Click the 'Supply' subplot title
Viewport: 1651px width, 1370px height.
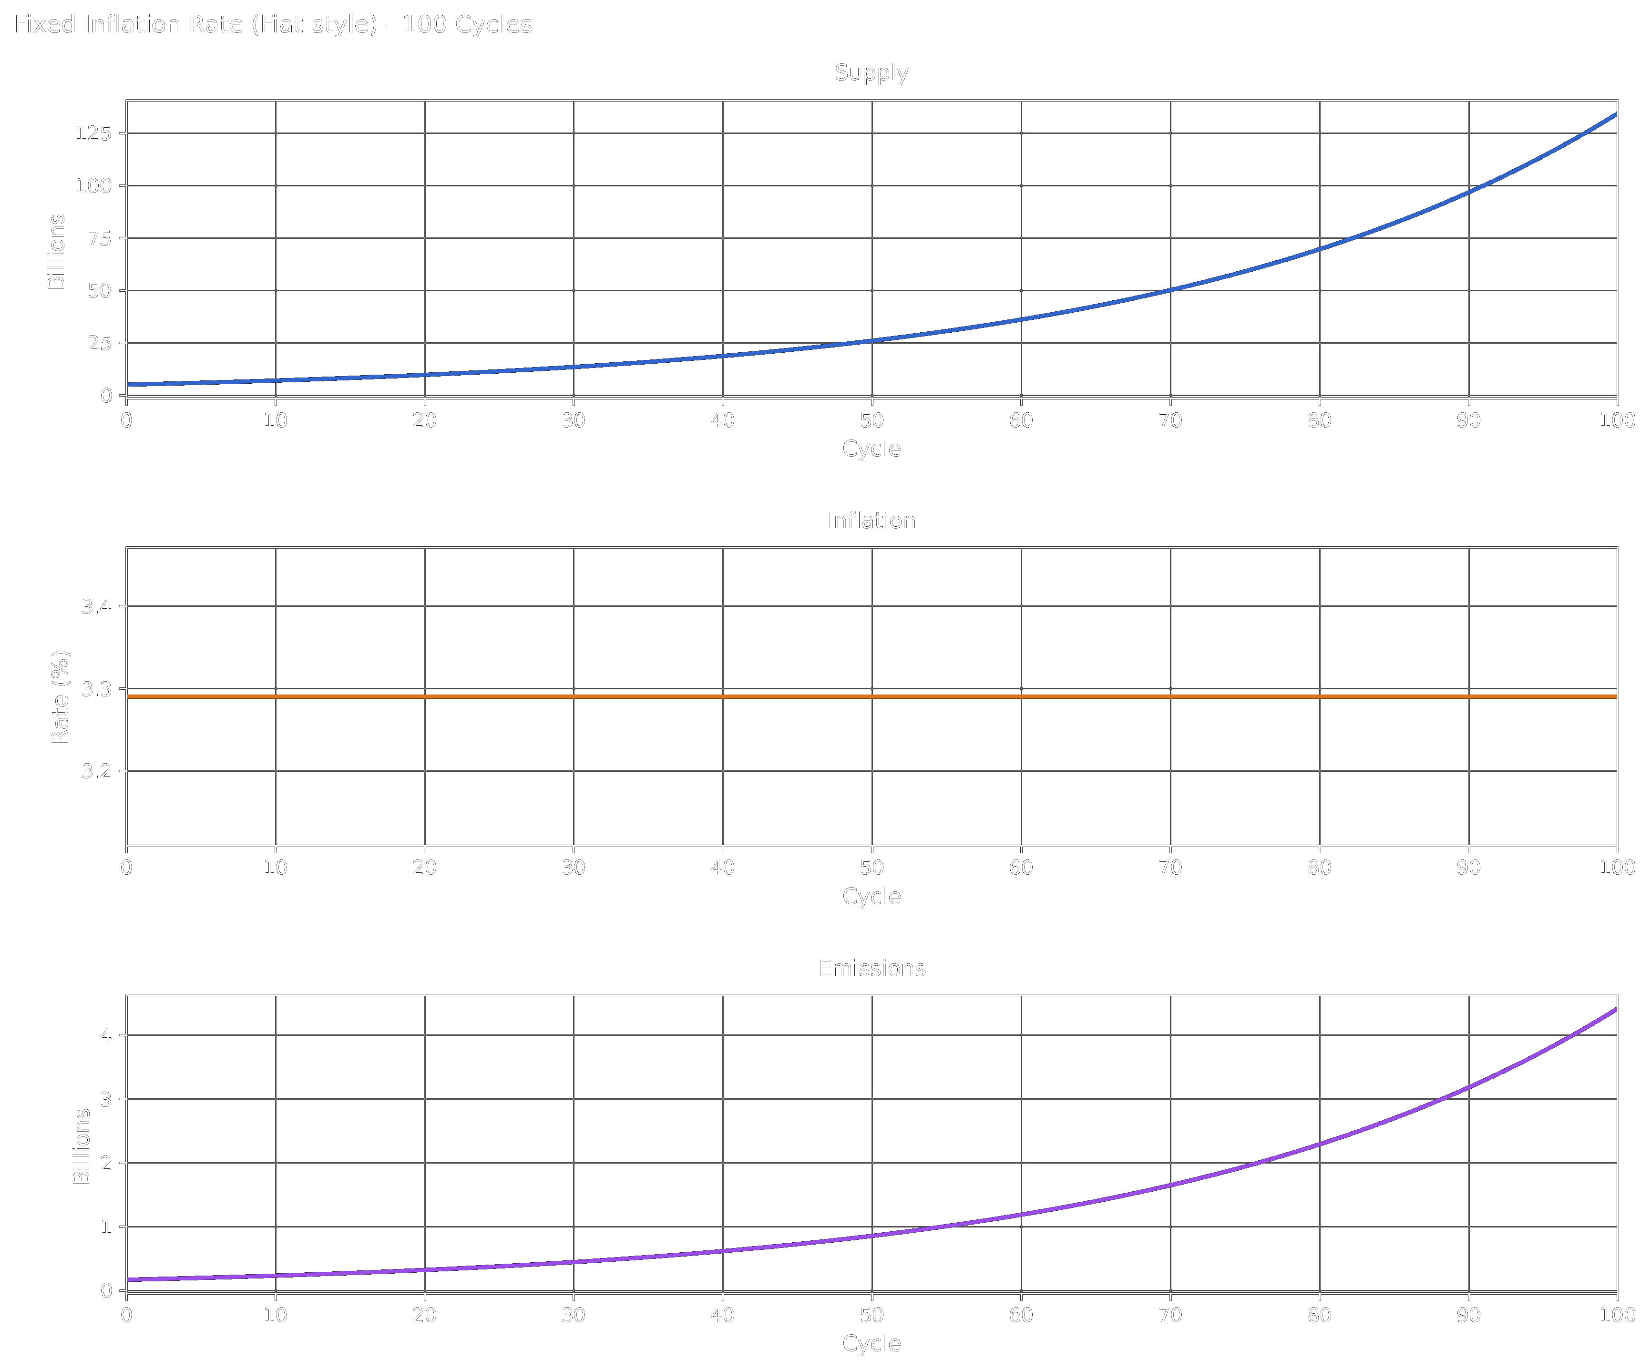coord(871,73)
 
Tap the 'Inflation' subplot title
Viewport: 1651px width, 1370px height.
coord(871,521)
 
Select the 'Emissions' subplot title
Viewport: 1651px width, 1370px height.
coord(871,968)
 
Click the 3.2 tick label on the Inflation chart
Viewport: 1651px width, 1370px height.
coord(97,771)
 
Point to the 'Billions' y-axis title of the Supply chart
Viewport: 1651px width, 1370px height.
coord(57,252)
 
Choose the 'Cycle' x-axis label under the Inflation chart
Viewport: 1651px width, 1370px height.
coord(871,896)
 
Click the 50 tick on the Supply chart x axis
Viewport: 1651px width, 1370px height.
coord(871,420)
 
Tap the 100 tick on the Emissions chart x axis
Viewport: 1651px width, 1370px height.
coord(1616,1315)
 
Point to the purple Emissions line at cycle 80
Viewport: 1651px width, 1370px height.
coord(1319,1145)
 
